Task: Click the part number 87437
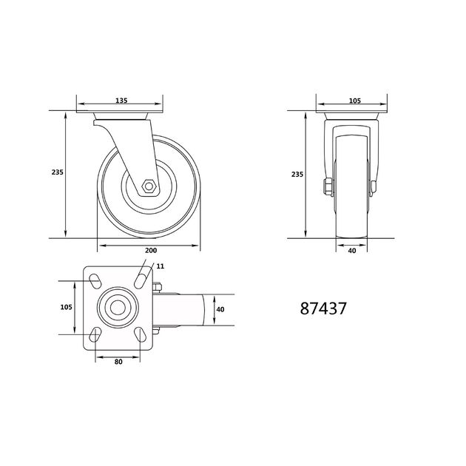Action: click(x=323, y=308)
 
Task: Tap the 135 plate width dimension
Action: click(x=121, y=101)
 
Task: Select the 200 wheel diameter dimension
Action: click(x=151, y=251)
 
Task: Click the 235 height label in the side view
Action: click(x=58, y=172)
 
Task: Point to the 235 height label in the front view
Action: click(x=297, y=174)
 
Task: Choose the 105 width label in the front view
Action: click(x=355, y=101)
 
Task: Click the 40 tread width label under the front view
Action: click(x=352, y=251)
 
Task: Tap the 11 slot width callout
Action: click(x=161, y=266)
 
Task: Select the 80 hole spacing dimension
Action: click(x=118, y=362)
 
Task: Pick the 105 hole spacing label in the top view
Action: click(x=66, y=307)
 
